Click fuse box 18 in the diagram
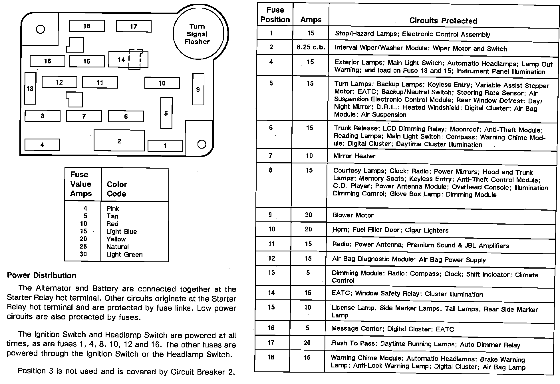pos(86,26)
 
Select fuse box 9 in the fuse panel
pos(198,89)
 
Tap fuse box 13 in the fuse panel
pos(30,89)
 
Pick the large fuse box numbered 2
pos(119,141)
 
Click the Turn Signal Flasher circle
pos(197,34)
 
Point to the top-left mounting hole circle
pos(41,29)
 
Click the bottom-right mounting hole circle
pos(202,144)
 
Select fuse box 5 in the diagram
pos(166,113)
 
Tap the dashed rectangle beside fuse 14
pos(135,59)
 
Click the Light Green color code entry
pos(124,254)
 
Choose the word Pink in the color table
pos(113,208)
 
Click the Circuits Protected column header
pos(443,21)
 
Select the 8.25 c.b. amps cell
pos(311,47)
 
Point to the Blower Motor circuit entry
pos(353,215)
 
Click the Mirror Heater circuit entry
pos(354,156)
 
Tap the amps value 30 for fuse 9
pos(309,215)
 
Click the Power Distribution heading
pos(42,275)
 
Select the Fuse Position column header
pos(275,15)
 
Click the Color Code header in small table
pos(117,189)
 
